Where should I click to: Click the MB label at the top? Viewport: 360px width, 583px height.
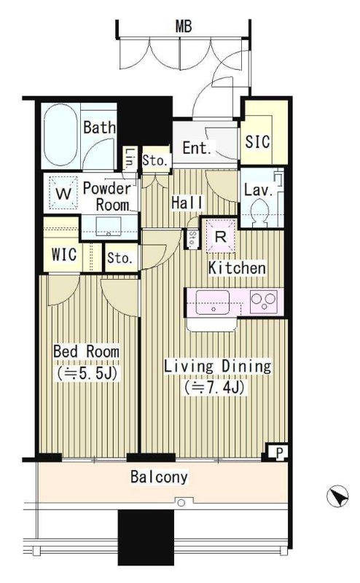184,26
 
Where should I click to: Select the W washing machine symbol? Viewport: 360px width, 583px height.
63,193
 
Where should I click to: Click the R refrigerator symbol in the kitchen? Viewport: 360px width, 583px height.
221,237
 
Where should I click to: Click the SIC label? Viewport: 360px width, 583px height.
257,141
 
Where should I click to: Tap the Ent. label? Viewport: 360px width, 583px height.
197,148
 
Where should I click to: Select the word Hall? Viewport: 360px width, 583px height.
187,203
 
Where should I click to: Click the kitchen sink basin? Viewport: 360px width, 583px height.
212,302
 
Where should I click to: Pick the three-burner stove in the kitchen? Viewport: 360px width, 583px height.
264,301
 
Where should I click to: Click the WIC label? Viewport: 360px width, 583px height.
64,254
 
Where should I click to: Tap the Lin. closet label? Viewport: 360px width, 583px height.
130,158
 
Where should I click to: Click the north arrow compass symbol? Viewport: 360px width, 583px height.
337,496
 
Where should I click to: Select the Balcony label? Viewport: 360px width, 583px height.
159,477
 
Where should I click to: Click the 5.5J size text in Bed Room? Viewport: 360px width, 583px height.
87,373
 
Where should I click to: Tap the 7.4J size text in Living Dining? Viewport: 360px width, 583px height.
215,388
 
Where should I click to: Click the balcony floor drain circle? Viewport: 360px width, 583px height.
181,503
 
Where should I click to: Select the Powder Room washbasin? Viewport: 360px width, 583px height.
109,227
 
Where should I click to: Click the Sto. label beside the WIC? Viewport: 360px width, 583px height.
120,258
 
